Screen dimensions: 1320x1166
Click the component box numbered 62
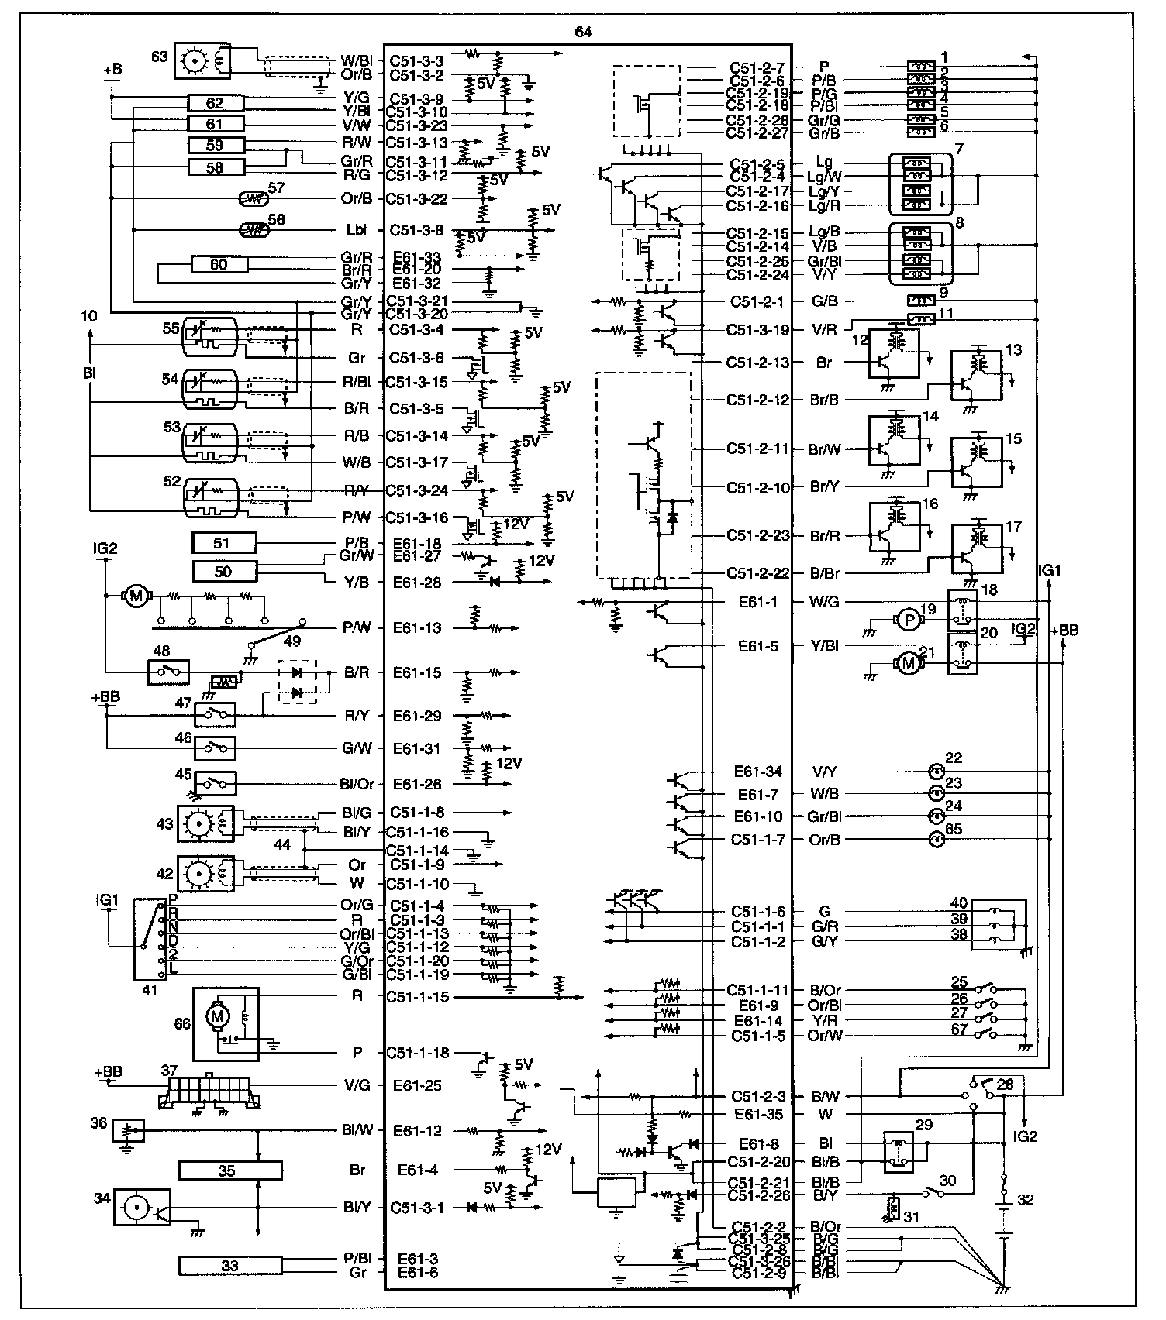216,103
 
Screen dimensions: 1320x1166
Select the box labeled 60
219,265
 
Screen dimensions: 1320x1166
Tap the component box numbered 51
223,543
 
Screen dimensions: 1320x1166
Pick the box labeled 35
229,1170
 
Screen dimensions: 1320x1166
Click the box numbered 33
229,1266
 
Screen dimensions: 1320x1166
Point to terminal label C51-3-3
416,60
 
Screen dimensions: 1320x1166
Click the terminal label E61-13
417,628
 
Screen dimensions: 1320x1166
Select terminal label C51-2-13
757,362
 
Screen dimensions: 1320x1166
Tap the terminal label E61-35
759,1115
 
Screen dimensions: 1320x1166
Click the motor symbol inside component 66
217,1016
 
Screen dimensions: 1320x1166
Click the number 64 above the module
584,32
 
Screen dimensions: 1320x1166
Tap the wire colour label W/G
824,602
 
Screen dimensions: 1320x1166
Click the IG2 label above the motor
105,548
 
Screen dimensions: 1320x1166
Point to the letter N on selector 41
173,926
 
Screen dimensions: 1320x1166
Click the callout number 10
88,316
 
